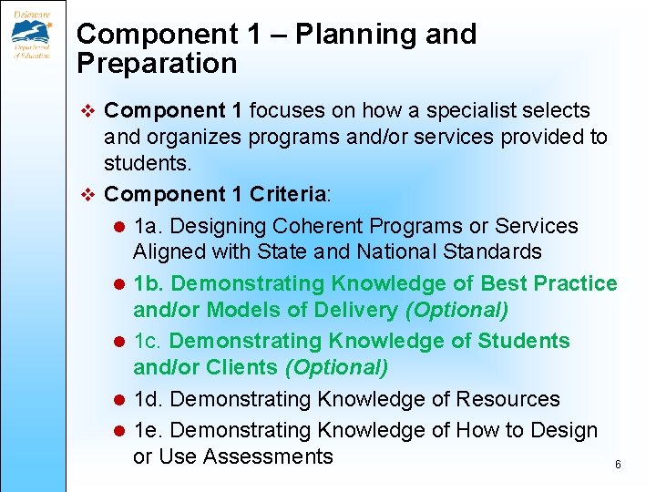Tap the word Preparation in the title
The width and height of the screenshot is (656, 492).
[x=157, y=64]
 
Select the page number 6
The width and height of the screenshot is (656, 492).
[x=618, y=465]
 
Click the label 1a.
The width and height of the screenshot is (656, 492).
[x=148, y=226]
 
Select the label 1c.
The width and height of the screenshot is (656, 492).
[x=148, y=342]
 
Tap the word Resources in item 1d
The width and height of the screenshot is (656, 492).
[x=507, y=399]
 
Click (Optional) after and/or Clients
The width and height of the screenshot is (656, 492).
[x=336, y=367]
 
